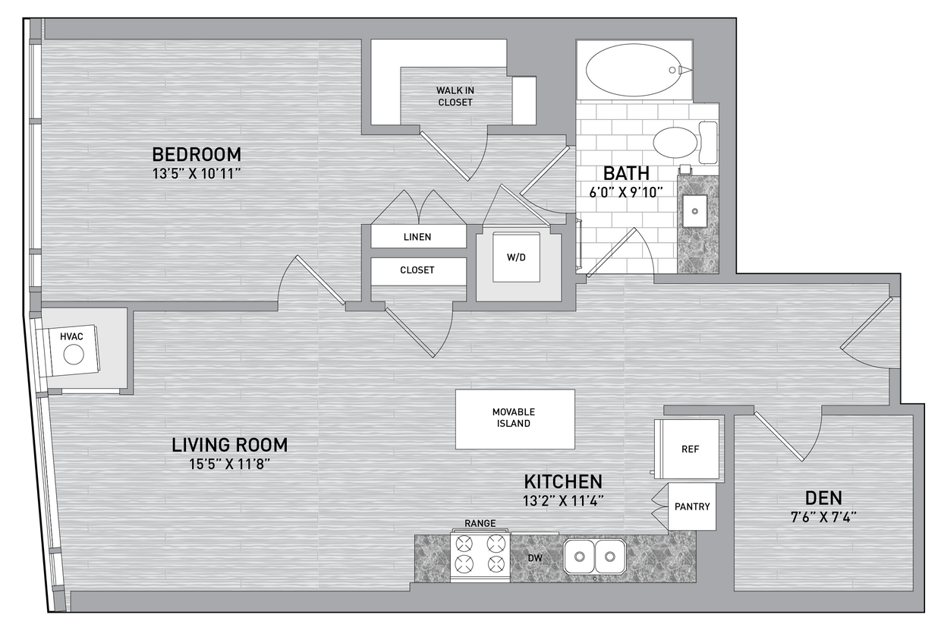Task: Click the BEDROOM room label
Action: (197, 154)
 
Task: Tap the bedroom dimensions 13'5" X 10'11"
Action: (197, 173)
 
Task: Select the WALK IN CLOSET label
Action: (455, 96)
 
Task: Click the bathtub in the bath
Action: (634, 70)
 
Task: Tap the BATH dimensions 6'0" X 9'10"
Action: (621, 192)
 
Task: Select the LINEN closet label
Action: (417, 237)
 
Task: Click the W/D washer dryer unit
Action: (516, 257)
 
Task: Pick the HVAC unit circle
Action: (74, 355)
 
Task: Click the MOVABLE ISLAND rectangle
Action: (515, 418)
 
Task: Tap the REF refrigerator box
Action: (690, 449)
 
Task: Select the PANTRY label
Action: (692, 506)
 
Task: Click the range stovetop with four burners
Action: (480, 554)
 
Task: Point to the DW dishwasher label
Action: (535, 558)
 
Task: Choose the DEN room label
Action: (823, 498)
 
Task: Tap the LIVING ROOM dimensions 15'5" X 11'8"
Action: (229, 464)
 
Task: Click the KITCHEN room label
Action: (563, 481)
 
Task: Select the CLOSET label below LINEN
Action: (417, 270)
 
